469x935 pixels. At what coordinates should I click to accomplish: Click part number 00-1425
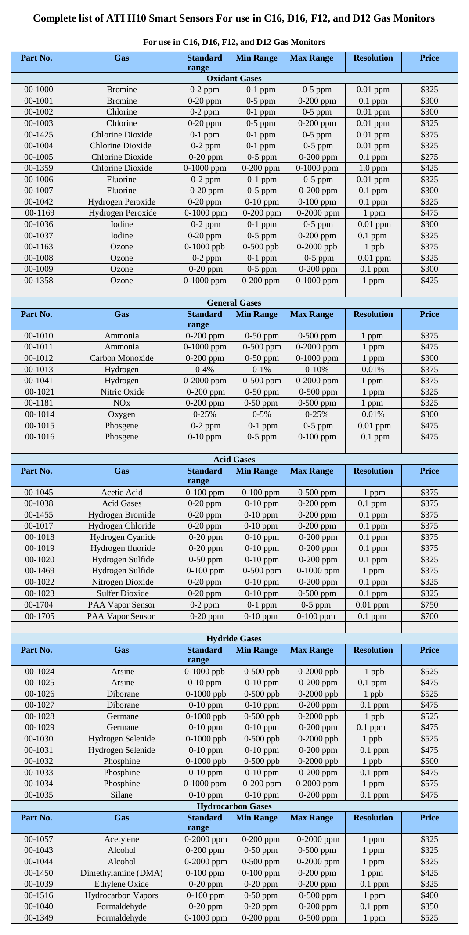coord(39,134)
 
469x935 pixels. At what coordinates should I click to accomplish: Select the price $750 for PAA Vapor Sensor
coord(429,604)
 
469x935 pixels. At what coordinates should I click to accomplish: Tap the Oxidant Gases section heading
coord(234,78)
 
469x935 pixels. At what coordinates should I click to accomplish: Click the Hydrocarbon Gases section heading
coord(234,806)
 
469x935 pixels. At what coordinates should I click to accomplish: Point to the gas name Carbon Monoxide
coord(122,358)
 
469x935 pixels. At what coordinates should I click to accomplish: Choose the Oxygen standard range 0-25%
coord(205,414)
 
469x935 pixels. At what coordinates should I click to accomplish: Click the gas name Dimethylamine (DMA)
coord(122,873)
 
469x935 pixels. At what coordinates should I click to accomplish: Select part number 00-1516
coord(39,895)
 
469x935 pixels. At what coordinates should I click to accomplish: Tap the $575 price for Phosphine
coord(429,783)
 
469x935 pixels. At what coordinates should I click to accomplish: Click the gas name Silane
coord(122,795)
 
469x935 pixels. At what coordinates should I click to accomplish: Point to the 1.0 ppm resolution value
coord(373,168)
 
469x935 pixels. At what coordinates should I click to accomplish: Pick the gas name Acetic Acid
coord(122,492)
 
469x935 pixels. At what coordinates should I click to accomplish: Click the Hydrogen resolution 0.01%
coord(373,369)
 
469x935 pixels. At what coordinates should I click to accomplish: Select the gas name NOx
coord(122,403)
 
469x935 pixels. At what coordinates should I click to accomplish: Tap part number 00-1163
coord(39,246)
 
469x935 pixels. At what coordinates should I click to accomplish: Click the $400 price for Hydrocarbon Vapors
coord(429,895)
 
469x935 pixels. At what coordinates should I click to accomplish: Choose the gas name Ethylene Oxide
coord(122,884)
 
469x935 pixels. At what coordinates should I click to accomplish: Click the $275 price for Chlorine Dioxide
coord(429,157)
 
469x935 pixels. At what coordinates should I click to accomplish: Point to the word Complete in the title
coord(54,18)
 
